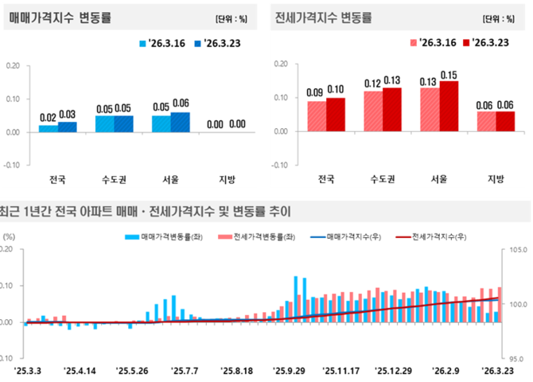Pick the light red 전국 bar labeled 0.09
point(317,116)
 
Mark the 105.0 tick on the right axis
point(515,250)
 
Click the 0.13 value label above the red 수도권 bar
point(393,80)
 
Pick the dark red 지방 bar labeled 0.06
point(506,122)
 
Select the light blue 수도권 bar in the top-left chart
point(104,123)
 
